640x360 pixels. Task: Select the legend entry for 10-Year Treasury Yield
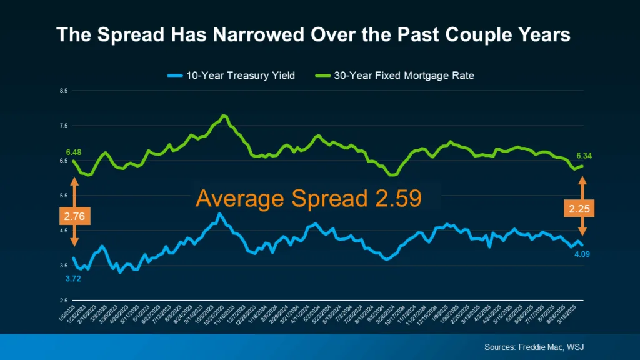[241, 76]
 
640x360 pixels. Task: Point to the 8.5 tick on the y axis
[64, 91]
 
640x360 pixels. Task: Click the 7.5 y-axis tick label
[64, 126]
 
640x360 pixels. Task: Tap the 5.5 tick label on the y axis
[64, 196]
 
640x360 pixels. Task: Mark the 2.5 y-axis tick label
[64, 301]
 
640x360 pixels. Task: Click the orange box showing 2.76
[74, 216]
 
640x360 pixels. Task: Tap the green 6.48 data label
[74, 152]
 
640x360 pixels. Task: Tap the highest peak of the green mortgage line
[224, 116]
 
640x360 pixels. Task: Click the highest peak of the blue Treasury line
[219, 214]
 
